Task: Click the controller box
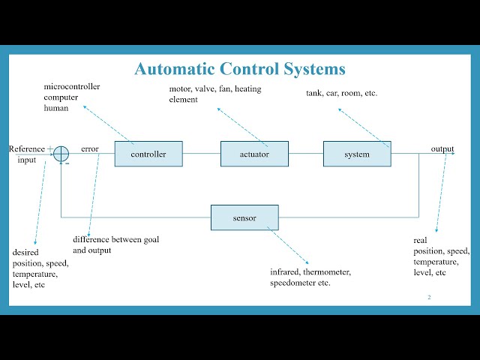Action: (x=148, y=154)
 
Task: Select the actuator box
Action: (x=254, y=154)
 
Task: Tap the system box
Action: (x=357, y=154)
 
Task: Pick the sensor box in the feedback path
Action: (x=244, y=217)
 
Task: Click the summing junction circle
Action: (x=61, y=154)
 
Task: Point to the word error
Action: (x=90, y=149)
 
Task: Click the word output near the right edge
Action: (x=442, y=149)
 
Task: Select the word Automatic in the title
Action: (x=174, y=68)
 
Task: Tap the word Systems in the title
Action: (x=314, y=69)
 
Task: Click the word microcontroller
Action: (x=72, y=87)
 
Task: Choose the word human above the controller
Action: (x=56, y=108)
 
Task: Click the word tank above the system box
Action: (x=313, y=93)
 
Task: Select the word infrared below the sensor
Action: (x=284, y=271)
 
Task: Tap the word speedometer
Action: (x=292, y=283)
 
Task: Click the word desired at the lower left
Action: (x=25, y=252)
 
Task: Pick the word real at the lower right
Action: (x=420, y=240)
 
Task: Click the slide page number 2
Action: (x=429, y=297)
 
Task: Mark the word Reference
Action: (x=27, y=149)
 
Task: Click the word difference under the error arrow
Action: (x=91, y=239)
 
